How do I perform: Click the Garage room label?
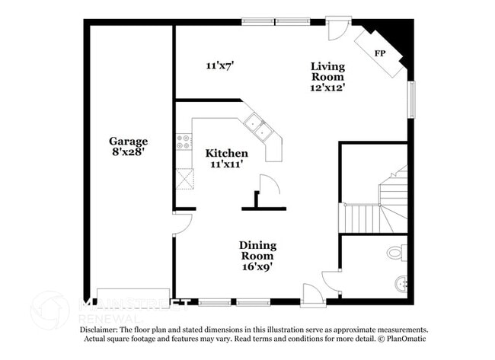click(128, 141)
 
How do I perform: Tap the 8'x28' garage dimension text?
click(127, 151)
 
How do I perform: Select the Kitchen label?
click(226, 153)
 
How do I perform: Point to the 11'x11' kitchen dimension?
click(226, 164)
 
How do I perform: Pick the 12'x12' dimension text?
click(327, 88)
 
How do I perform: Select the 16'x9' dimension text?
click(257, 267)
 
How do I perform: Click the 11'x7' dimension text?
click(219, 66)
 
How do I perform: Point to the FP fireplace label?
click(380, 53)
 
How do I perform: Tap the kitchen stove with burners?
click(183, 141)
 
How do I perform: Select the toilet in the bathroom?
click(394, 252)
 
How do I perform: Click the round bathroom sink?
click(401, 285)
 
